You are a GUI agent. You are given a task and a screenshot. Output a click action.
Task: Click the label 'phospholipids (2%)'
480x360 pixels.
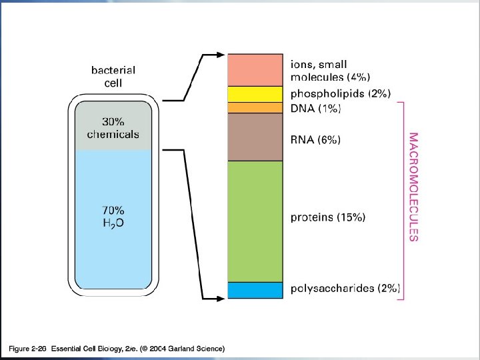click(x=341, y=94)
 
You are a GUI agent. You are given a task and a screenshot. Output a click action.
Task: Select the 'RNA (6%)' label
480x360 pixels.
click(x=316, y=140)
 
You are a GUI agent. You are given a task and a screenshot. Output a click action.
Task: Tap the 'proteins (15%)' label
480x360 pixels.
click(x=329, y=217)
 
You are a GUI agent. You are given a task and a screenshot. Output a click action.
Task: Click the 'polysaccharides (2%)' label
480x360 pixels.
click(x=345, y=289)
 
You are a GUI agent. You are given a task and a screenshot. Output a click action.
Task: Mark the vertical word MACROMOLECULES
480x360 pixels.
click(x=414, y=187)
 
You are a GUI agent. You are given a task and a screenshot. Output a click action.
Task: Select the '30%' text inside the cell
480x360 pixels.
click(x=113, y=122)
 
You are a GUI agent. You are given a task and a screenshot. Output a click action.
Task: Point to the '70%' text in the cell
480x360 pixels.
click(x=113, y=210)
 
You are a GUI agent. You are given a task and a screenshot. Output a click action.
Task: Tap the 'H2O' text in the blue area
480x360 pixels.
click(x=113, y=223)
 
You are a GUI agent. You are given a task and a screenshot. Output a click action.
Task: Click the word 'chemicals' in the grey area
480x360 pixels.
click(x=113, y=134)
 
